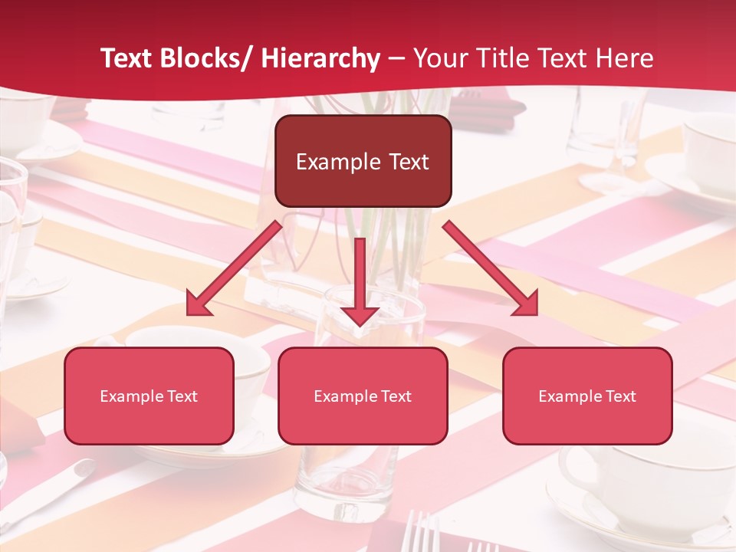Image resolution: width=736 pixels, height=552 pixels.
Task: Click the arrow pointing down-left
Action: tap(234, 268)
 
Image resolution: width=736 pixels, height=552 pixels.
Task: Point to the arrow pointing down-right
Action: tap(491, 268)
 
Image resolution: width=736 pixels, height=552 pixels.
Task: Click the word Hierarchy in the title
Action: tap(320, 58)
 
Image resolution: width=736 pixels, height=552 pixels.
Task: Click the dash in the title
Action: tap(396, 58)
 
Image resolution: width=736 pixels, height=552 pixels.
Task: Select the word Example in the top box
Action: tap(337, 162)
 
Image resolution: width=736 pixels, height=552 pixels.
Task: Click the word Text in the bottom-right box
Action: tap(620, 396)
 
